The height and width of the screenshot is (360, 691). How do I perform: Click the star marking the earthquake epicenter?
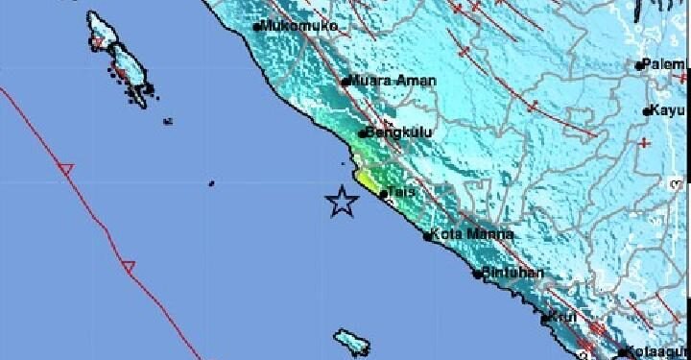[341, 203]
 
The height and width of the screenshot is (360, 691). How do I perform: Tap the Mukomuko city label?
[299, 26]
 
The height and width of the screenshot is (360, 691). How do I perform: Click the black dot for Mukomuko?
[257, 27]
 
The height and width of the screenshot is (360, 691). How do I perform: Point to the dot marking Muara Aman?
[345, 82]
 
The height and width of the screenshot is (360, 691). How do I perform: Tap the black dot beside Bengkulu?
[362, 134]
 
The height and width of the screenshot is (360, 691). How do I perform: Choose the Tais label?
[402, 193]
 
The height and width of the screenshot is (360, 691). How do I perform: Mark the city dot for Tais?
[384, 194]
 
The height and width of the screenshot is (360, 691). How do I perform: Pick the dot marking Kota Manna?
[426, 233]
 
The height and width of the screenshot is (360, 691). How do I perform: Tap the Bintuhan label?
[513, 274]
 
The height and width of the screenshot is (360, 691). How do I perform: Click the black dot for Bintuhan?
[477, 274]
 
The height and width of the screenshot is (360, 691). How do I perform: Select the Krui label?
[564, 316]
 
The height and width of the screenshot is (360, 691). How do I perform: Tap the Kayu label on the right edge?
[668, 111]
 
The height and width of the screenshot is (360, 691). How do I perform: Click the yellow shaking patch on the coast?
[366, 179]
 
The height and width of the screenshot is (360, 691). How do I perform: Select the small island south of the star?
[350, 341]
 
